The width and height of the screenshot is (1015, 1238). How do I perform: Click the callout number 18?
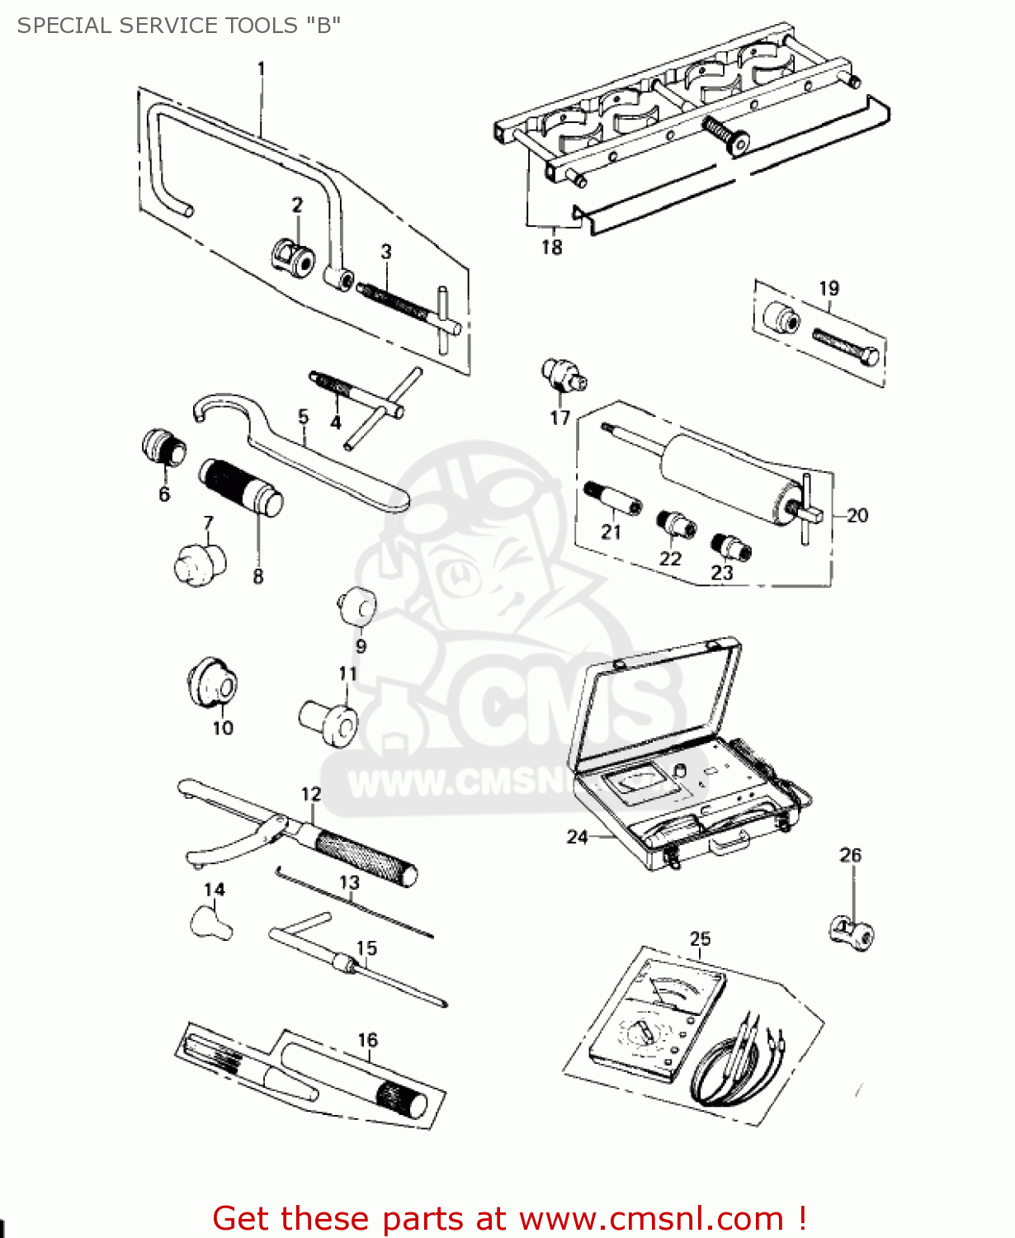tap(551, 247)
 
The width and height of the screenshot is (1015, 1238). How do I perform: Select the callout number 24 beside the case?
tap(577, 837)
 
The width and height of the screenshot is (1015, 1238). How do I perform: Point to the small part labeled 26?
tap(852, 933)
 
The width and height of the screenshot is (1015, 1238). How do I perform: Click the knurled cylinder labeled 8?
tap(240, 488)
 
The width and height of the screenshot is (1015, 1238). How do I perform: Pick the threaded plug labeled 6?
tap(164, 450)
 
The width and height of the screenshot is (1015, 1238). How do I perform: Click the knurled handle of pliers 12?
tap(363, 858)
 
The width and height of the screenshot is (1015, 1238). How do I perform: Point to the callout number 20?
tap(857, 515)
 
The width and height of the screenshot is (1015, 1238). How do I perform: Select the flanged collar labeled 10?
tap(212, 683)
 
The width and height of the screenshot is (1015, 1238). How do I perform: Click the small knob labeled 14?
tap(210, 922)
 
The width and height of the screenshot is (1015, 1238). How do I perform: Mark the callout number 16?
tap(367, 1040)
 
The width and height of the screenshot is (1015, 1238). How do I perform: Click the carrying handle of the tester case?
tap(730, 842)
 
